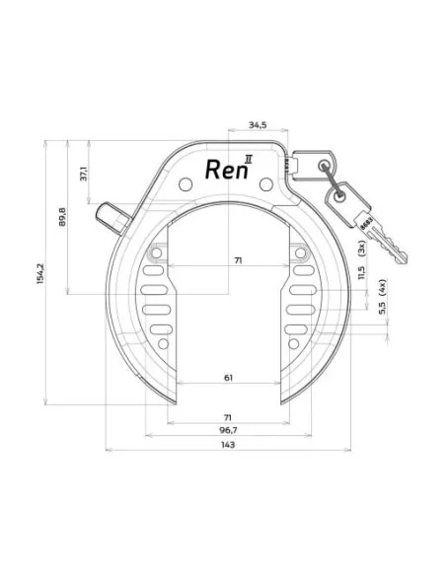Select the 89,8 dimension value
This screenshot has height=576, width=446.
[x=62, y=217]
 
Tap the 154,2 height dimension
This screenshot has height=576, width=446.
[x=39, y=270]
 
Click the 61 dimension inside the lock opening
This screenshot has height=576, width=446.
[x=229, y=379]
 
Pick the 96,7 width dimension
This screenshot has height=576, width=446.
[x=228, y=431]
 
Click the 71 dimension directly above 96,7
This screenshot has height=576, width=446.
[x=228, y=417]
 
